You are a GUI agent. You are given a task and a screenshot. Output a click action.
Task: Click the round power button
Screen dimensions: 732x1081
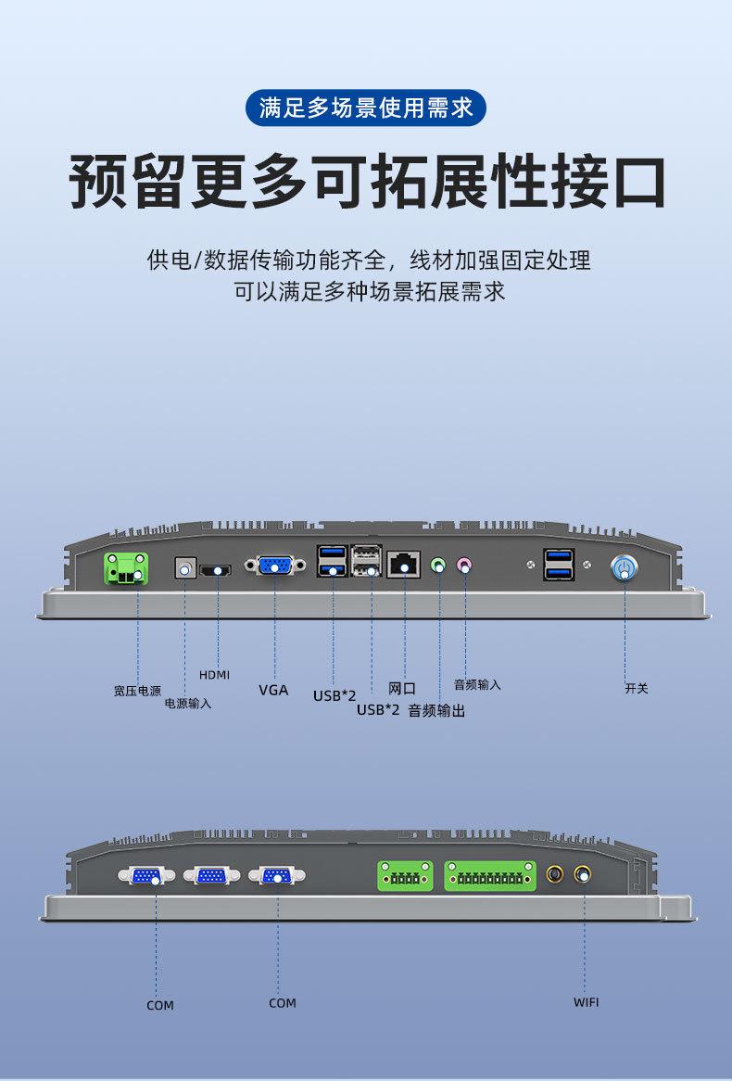(x=625, y=567)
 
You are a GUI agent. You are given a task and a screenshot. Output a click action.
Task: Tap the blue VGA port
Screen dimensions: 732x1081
(x=275, y=566)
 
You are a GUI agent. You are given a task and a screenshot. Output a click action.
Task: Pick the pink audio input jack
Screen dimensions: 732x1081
(x=464, y=564)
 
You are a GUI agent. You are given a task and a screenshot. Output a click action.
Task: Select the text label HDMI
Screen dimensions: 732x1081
(x=214, y=674)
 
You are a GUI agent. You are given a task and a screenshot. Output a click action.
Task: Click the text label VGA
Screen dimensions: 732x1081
(x=273, y=690)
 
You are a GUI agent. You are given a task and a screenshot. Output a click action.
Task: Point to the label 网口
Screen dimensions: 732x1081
(x=401, y=689)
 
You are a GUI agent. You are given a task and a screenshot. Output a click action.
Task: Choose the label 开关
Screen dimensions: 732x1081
(x=637, y=689)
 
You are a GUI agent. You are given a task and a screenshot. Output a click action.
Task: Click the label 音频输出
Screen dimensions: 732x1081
(x=436, y=711)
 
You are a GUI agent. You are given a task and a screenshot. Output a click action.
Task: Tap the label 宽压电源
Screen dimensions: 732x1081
(x=137, y=691)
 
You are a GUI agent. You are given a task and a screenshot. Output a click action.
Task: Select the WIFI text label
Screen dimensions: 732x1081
(x=586, y=1002)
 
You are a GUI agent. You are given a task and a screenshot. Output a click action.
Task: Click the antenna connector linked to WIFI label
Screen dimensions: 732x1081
(x=583, y=873)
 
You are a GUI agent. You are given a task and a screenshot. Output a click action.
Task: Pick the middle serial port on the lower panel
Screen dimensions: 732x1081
(x=212, y=875)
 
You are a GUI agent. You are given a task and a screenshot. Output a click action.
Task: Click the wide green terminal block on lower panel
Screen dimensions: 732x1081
(x=490, y=875)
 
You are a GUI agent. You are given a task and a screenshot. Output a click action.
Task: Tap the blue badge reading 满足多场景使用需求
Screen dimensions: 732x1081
(x=366, y=108)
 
